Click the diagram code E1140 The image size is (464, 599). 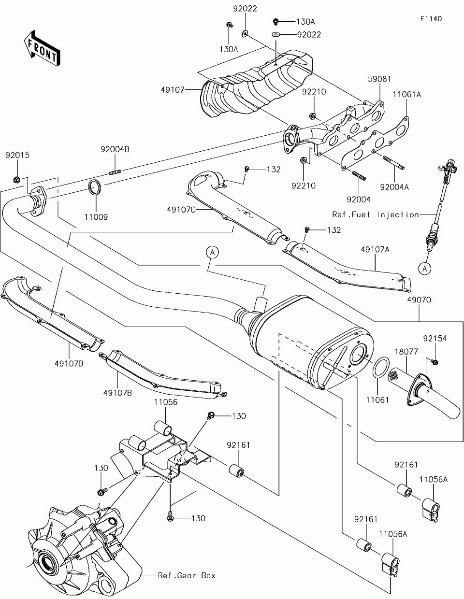coord(431,19)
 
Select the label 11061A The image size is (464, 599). coord(406,95)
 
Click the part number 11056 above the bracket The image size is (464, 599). coord(165,402)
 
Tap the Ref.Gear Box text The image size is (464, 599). coord(187,575)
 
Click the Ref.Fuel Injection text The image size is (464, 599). coord(375,214)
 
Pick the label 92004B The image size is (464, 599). coord(115,150)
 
